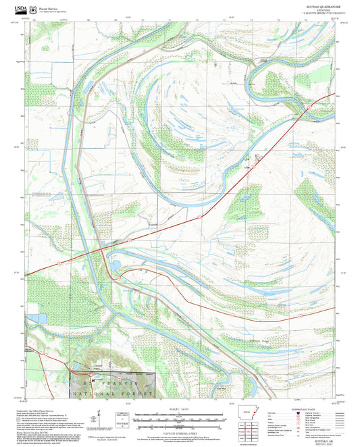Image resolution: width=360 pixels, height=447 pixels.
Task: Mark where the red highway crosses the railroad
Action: point(103,248)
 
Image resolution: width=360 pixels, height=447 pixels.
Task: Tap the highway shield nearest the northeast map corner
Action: point(309,107)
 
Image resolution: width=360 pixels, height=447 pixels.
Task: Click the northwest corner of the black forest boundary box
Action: point(72,371)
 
